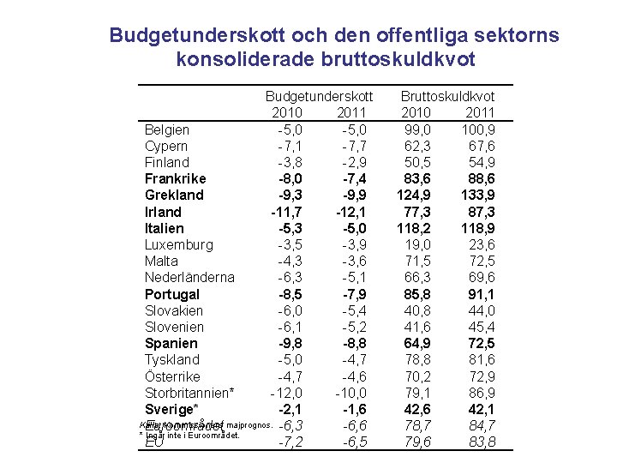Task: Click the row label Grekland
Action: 174,195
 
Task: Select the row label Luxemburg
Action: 178,244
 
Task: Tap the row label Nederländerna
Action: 189,277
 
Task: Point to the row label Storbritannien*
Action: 189,392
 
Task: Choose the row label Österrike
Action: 172,376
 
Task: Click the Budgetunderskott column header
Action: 319,97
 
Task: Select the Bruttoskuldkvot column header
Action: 447,97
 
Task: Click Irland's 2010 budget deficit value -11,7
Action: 286,212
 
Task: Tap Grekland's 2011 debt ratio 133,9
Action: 477,195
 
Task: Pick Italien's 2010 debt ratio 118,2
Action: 413,228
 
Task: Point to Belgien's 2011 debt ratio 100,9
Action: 477,129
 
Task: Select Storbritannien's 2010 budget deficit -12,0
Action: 286,392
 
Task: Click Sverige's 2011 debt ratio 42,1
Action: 481,409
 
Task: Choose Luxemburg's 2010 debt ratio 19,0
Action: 417,244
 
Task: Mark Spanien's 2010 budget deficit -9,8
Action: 290,343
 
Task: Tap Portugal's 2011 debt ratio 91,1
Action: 481,294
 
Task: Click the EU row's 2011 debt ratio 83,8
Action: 481,442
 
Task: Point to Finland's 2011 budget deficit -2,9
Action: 353,162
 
